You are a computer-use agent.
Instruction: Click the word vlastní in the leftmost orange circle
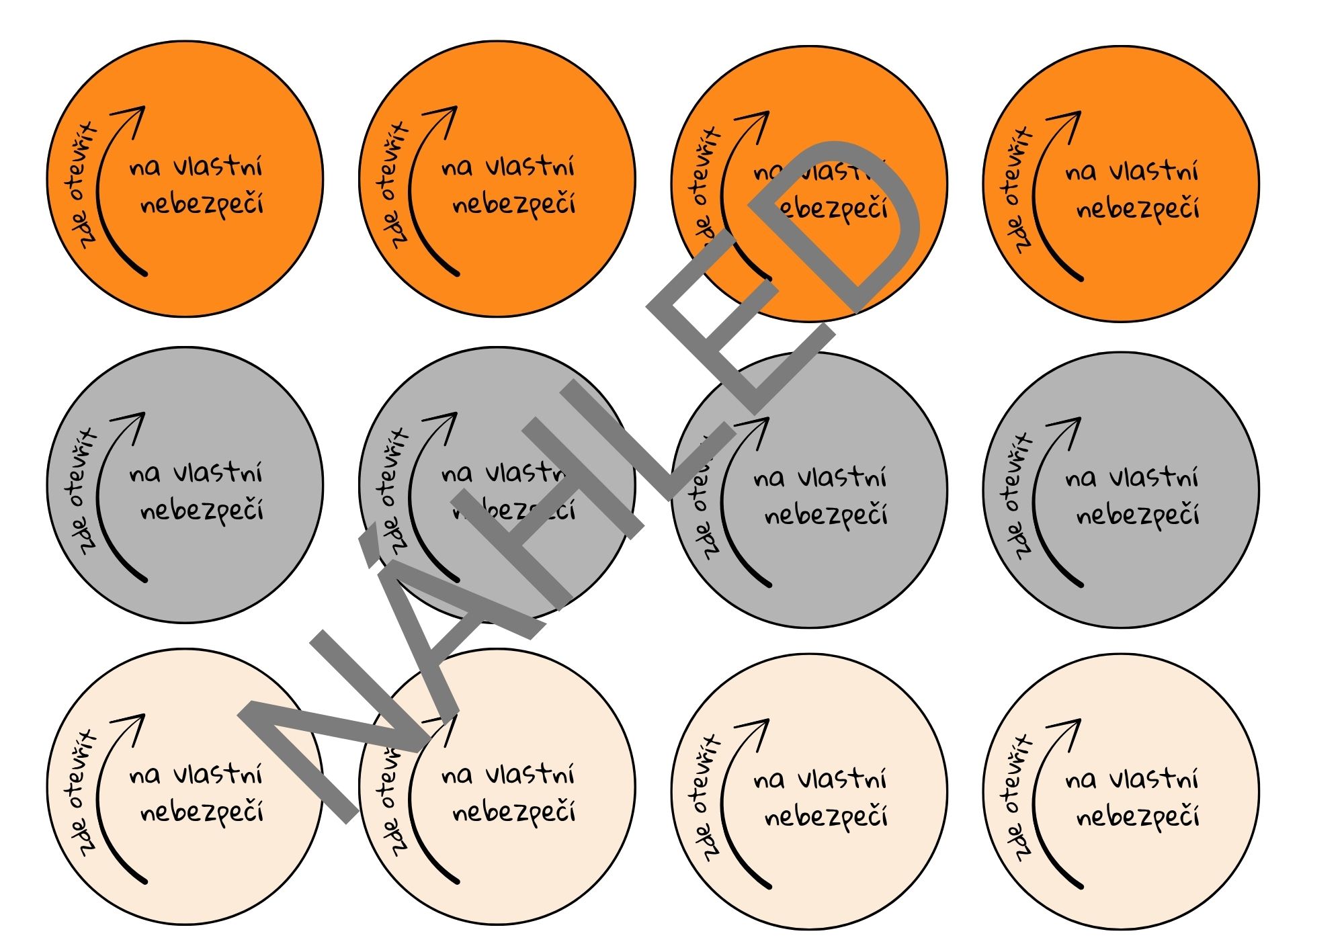218,166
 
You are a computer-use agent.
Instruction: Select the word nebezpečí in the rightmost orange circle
1138,210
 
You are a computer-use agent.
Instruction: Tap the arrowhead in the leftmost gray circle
134,423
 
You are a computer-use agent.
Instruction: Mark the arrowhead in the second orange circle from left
446,117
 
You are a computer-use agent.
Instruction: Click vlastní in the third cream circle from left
843,779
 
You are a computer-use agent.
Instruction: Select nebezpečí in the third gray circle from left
826,517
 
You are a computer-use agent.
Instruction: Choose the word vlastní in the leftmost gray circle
218,473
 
